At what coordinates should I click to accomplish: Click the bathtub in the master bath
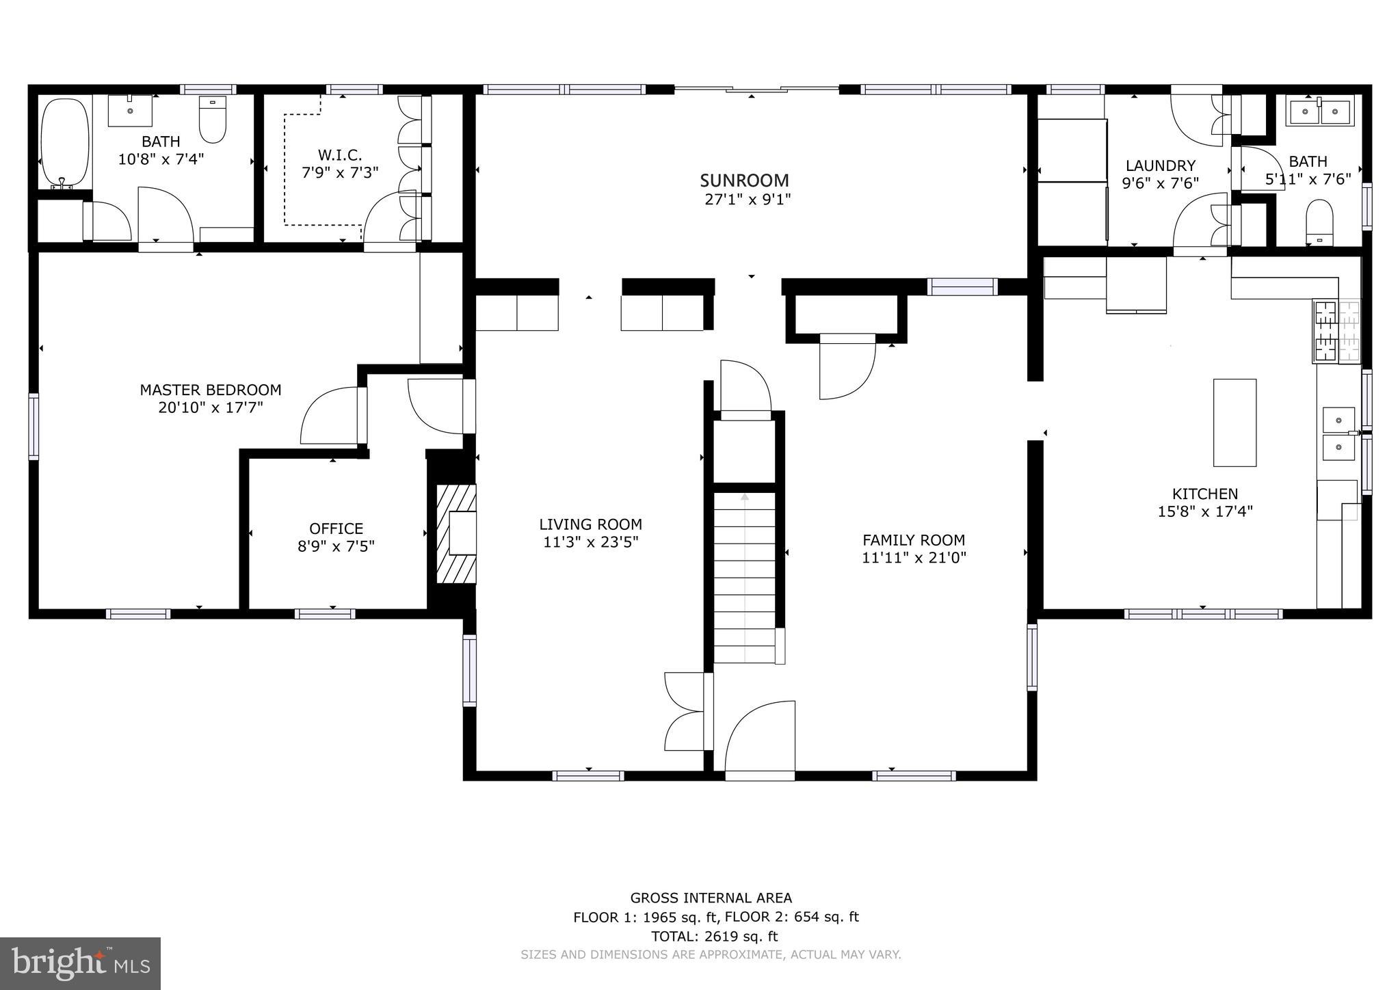(x=65, y=144)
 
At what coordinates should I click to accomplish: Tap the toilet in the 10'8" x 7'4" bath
(x=213, y=120)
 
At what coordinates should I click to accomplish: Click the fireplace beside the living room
(x=456, y=534)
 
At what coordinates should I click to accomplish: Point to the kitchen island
(x=1234, y=423)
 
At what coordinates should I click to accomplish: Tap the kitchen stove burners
(x=1336, y=332)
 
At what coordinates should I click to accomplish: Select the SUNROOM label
(x=744, y=180)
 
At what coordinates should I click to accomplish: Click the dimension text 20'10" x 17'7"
(x=211, y=408)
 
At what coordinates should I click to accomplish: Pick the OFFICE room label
(x=336, y=529)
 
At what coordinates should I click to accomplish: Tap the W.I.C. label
(x=340, y=155)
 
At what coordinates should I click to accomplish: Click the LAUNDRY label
(x=1161, y=165)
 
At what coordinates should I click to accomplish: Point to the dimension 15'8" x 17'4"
(x=1205, y=511)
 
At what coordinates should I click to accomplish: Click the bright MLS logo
(x=80, y=963)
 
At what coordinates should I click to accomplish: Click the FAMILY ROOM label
(x=914, y=539)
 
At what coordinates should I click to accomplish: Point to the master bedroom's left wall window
(x=34, y=425)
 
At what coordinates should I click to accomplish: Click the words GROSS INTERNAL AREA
(x=711, y=898)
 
